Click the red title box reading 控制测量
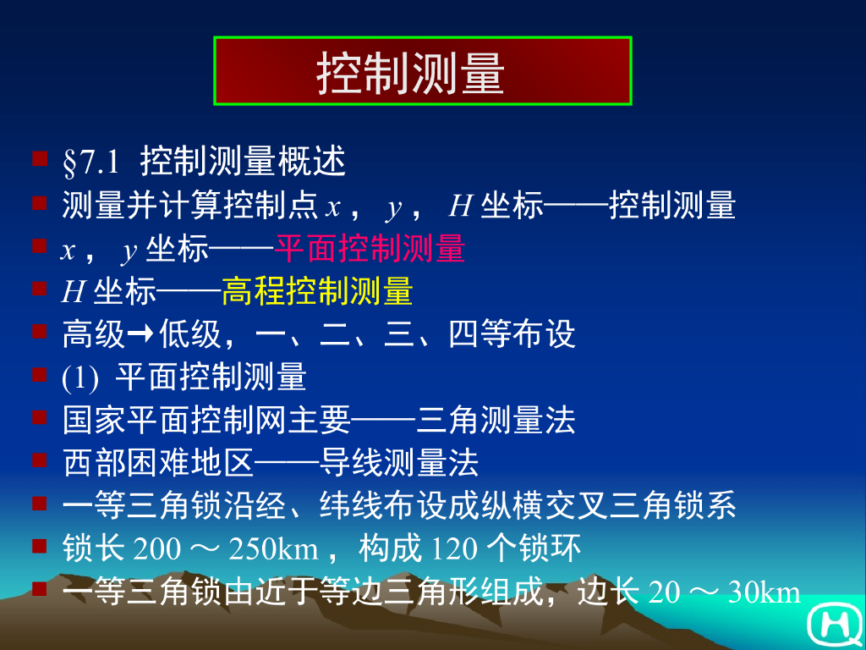click(423, 71)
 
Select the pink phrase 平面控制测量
click(370, 249)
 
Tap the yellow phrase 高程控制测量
click(317, 292)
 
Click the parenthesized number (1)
click(80, 378)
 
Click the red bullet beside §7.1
click(39, 157)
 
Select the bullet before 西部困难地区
click(39, 460)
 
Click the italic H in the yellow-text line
click(72, 293)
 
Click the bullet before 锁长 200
click(39, 546)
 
